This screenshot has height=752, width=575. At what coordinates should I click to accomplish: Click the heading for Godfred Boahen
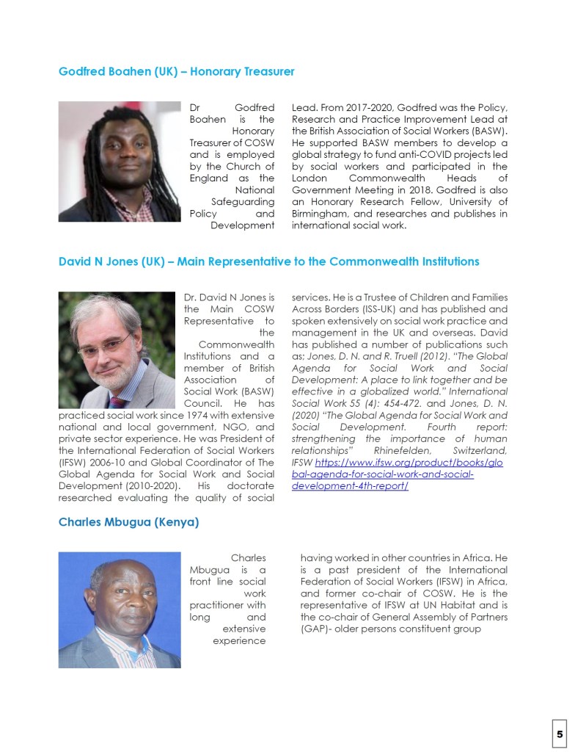click(x=176, y=72)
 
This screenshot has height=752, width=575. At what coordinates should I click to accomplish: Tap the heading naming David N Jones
click(x=268, y=261)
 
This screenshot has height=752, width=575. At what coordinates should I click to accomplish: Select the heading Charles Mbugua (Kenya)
click(x=128, y=524)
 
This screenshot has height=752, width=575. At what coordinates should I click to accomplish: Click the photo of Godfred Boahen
click(x=120, y=162)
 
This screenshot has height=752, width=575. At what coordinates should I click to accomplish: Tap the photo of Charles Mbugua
click(x=120, y=610)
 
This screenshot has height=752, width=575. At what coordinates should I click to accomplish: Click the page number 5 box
click(x=560, y=734)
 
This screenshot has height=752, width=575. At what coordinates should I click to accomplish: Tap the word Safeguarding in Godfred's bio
click(x=242, y=201)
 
